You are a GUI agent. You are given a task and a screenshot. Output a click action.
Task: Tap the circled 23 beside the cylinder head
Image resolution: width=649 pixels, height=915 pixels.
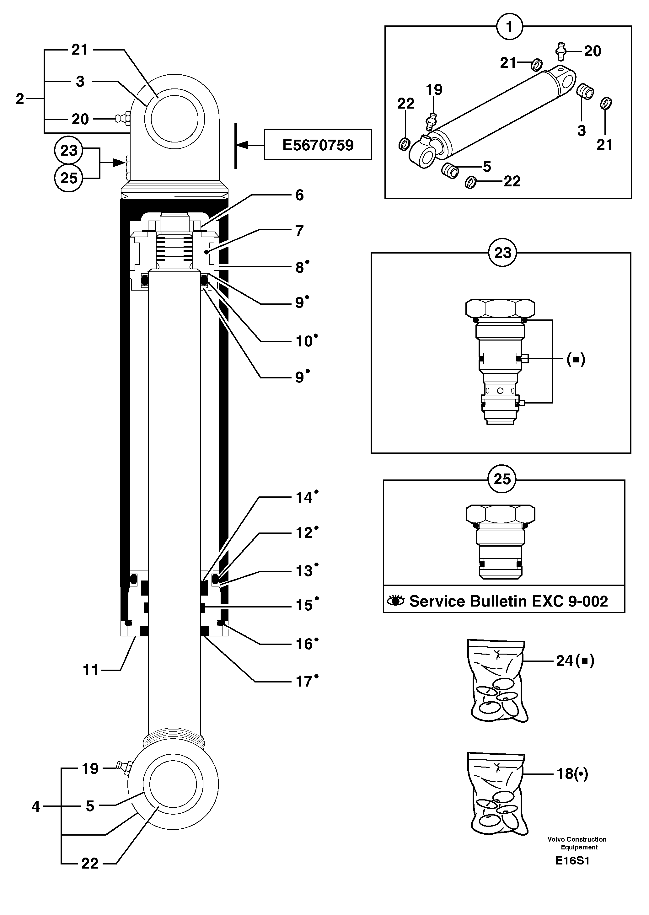coord(68,151)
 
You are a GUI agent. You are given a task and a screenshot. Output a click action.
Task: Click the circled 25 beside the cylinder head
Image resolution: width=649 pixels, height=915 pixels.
coord(68,178)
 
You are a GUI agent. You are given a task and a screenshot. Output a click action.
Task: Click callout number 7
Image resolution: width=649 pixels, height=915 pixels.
coord(299,231)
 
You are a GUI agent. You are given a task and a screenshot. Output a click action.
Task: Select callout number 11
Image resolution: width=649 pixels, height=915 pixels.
coord(90,670)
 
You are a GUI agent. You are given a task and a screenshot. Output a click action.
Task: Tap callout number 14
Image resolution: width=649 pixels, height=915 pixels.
coord(304,497)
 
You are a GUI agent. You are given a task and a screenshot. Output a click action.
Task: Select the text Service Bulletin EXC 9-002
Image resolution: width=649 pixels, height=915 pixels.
coord(508,601)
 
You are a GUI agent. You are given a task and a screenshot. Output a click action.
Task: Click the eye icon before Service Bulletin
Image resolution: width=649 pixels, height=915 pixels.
coord(396,601)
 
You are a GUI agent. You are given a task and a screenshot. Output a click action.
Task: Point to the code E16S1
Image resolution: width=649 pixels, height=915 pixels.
coord(572,861)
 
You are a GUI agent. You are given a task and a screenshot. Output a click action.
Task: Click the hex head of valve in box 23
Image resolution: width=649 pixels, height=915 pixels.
coord(500,308)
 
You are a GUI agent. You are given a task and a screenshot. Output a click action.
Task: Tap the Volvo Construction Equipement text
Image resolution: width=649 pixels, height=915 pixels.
coord(577,843)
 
